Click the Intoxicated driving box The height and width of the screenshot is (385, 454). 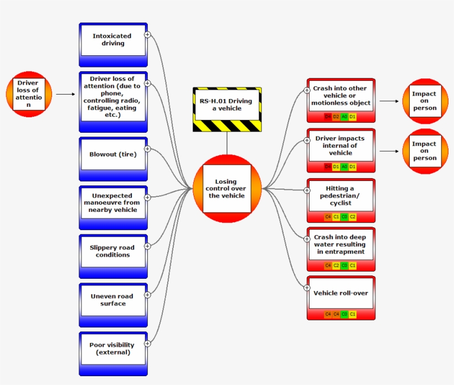[113, 40]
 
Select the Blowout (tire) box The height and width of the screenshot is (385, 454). [113, 154]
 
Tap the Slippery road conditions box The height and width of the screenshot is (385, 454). [113, 252]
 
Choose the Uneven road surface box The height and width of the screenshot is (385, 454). [113, 300]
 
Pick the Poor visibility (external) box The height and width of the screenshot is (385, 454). [113, 349]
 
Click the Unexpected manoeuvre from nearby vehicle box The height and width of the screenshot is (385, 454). [113, 203]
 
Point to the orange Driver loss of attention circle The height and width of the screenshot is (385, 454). [28, 94]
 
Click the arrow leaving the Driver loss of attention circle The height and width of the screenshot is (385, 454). [65, 94]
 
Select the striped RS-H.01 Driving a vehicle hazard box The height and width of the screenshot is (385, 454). [227, 109]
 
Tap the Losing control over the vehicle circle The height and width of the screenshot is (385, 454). [227, 189]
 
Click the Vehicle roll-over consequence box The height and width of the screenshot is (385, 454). [341, 294]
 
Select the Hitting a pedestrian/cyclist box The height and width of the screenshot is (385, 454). [341, 196]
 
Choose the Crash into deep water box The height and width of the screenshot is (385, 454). [341, 244]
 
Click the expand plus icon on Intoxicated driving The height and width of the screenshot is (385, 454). [147, 34]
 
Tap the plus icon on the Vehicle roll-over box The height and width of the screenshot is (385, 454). [307, 287]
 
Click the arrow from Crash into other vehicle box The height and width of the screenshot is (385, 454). [389, 101]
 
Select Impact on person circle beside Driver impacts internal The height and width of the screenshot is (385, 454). [425, 151]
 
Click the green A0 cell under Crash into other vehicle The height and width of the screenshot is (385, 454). [344, 117]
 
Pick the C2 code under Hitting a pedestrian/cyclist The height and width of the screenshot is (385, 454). [353, 217]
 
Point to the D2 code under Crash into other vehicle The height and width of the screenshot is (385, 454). [336, 117]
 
